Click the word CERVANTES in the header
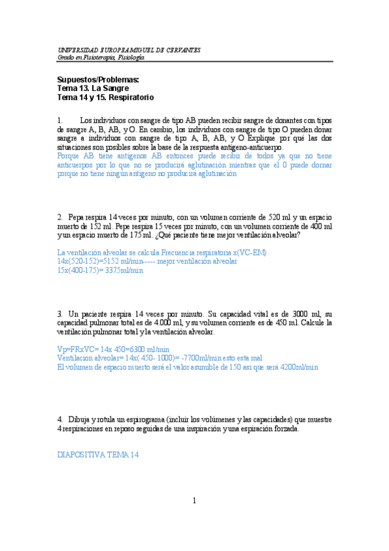tap(182, 50)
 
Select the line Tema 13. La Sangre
tap(93, 88)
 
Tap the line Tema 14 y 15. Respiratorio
tap(105, 97)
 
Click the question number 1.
tap(60, 120)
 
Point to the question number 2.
tap(60, 216)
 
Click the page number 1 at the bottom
tap(194, 500)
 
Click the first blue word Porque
tap(69, 156)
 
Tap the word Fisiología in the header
tap(131, 57)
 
